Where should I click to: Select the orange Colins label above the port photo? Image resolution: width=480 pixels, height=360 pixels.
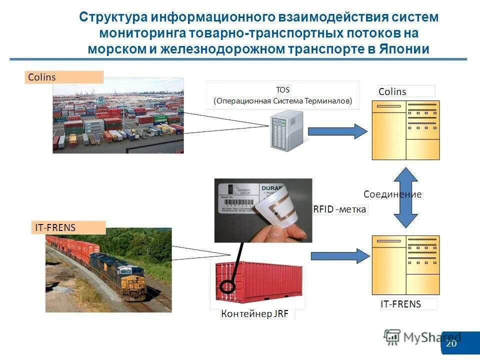[63, 77]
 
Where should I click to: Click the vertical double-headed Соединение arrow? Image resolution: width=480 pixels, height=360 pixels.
[405, 197]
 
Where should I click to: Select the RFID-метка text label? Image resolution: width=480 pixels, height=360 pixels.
[340, 209]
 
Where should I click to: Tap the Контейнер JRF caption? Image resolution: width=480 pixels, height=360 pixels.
[254, 314]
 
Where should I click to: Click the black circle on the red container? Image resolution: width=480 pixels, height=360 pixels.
[227, 286]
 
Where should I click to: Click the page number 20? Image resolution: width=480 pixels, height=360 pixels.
[451, 343]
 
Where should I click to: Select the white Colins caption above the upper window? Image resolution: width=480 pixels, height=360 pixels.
[392, 91]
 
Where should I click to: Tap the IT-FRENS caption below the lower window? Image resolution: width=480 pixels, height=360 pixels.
[400, 304]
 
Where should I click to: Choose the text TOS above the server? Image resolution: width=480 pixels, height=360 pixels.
[282, 90]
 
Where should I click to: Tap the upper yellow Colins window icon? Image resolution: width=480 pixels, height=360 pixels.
[405, 130]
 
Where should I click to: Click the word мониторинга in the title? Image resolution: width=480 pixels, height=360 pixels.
[142, 33]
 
